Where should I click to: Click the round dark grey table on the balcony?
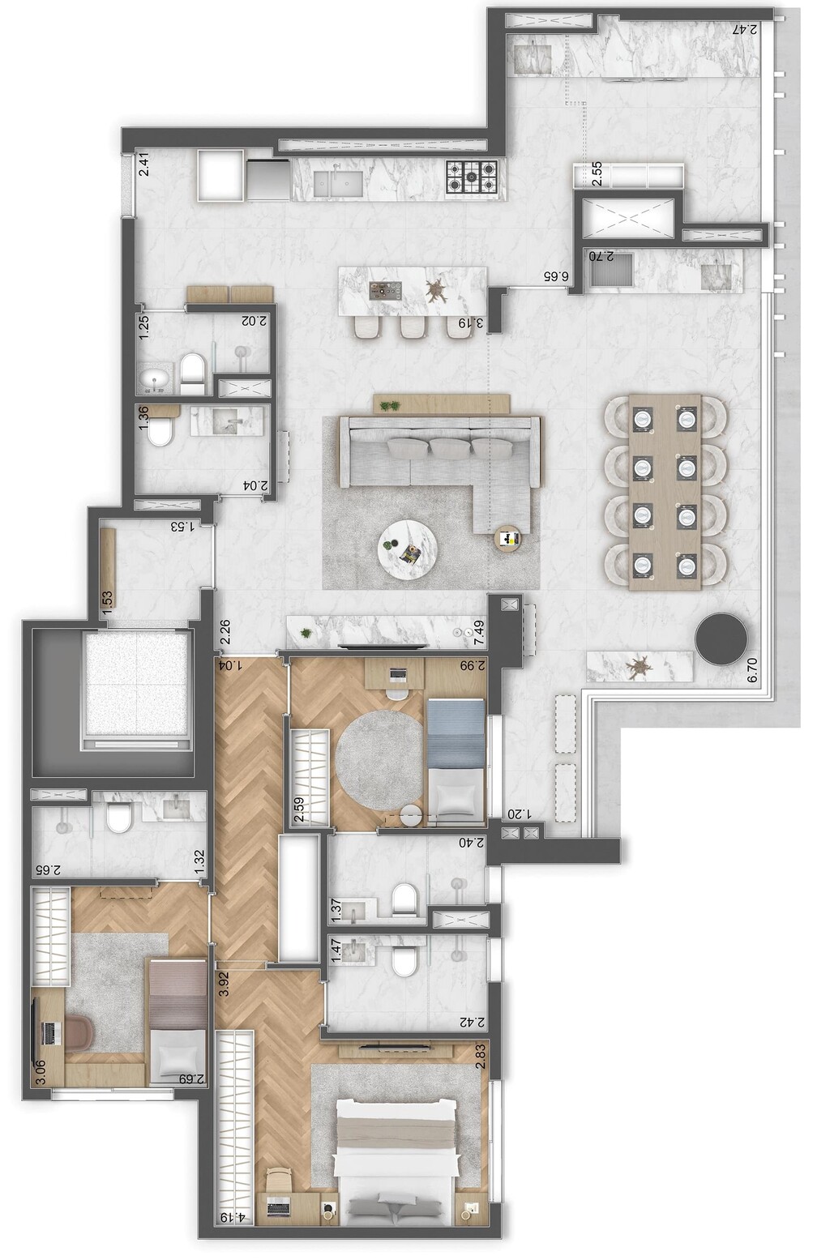click(x=721, y=638)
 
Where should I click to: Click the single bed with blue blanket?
click(x=455, y=761)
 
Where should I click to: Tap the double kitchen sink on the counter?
click(x=340, y=182)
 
